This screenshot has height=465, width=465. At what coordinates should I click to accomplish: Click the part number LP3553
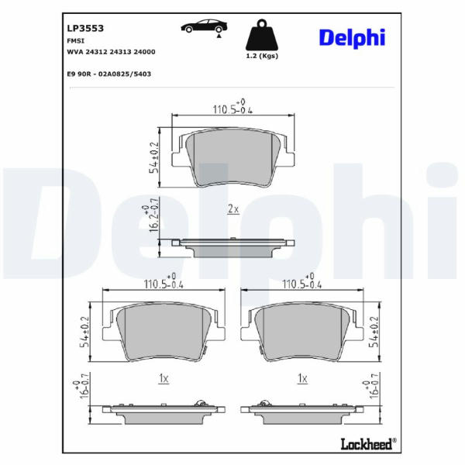click(x=85, y=28)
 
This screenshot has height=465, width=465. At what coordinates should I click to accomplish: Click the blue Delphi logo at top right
click(x=352, y=38)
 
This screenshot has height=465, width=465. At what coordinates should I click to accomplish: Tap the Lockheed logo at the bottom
click(x=368, y=444)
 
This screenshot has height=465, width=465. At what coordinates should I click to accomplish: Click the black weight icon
click(x=262, y=35)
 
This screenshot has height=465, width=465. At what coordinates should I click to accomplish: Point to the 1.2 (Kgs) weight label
click(x=262, y=56)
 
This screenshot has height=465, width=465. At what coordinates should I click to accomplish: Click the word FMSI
click(x=76, y=41)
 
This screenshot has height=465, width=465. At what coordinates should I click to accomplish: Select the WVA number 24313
click(x=120, y=52)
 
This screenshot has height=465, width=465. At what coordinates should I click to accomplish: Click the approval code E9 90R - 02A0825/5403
click(x=109, y=74)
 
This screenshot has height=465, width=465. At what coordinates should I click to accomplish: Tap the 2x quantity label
click(x=233, y=209)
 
